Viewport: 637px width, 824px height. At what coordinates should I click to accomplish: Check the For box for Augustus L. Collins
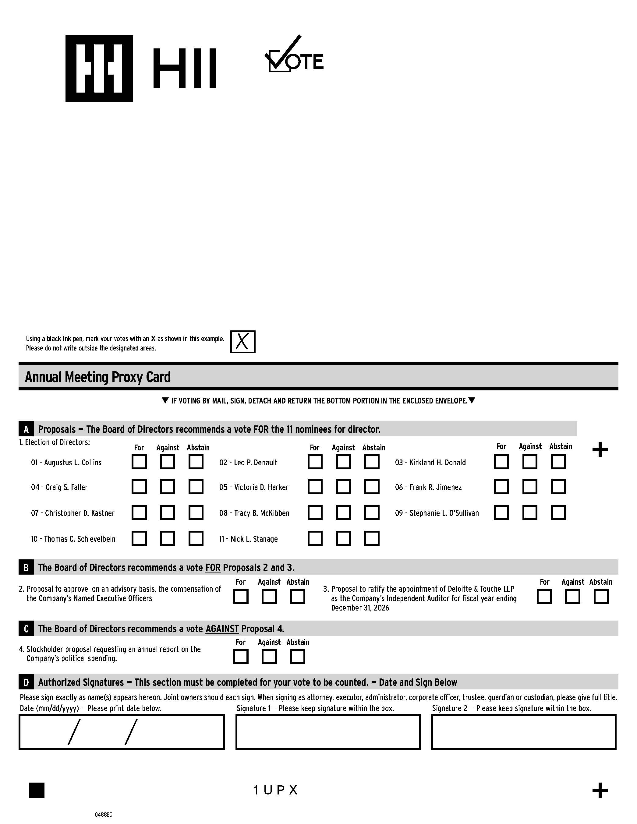(139, 462)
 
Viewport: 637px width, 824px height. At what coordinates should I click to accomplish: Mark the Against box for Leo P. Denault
(343, 462)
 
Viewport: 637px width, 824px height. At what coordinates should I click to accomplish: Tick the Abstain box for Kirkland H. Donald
(558, 462)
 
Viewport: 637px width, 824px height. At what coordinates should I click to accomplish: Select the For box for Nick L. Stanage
(315, 538)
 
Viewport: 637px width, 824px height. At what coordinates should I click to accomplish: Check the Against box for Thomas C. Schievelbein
(167, 538)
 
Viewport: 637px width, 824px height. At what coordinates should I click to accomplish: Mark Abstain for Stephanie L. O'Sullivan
(558, 513)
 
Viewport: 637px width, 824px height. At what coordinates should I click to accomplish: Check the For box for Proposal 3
(544, 597)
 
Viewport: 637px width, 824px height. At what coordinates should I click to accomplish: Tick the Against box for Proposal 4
(269, 657)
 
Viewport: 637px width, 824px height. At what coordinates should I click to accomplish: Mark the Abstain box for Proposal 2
(297, 597)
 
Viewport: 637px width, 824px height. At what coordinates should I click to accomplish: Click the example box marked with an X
(243, 342)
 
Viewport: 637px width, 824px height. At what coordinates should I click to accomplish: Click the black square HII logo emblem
(99, 68)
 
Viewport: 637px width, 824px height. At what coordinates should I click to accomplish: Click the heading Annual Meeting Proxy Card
(98, 377)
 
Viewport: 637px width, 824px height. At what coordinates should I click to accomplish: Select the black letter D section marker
(26, 682)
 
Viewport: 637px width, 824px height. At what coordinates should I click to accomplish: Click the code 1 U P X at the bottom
(275, 790)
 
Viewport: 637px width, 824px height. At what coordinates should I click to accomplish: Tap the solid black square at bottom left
(37, 790)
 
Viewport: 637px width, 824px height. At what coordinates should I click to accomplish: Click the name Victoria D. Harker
(261, 487)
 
